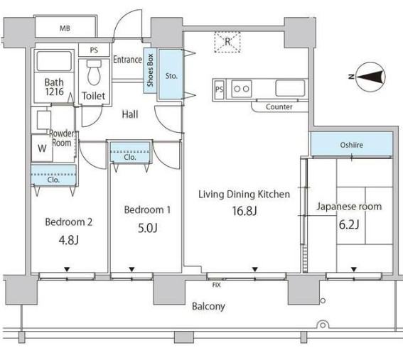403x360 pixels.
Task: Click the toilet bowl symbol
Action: (x=94, y=72)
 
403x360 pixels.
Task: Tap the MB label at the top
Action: (x=65, y=28)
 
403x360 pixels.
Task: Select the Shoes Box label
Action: (x=150, y=70)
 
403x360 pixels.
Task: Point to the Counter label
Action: (x=279, y=107)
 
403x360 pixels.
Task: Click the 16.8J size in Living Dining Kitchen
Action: (x=245, y=211)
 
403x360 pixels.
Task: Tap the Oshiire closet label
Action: (x=351, y=145)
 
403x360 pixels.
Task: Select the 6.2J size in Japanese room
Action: (x=349, y=224)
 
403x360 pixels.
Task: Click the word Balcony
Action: (x=208, y=306)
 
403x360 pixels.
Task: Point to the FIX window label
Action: (x=216, y=285)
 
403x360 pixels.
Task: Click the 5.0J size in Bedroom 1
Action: (x=148, y=228)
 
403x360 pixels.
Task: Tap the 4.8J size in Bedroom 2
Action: (x=69, y=240)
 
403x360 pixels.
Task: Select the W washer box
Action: (x=42, y=148)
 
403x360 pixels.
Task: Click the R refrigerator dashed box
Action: (x=227, y=42)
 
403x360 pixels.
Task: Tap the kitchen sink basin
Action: (x=290, y=88)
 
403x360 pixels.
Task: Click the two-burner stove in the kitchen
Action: (x=242, y=89)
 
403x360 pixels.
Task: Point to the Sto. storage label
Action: (x=171, y=76)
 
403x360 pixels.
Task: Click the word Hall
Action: (x=130, y=114)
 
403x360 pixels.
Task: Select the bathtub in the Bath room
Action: (x=54, y=61)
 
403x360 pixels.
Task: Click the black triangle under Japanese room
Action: (x=354, y=269)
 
